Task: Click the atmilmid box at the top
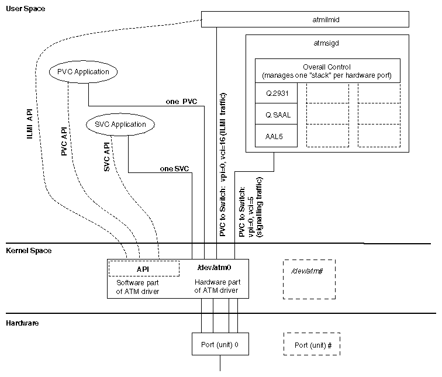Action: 319,19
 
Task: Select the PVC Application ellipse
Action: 83,71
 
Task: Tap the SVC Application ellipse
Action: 120,124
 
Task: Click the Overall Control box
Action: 327,71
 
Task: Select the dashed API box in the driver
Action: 144,269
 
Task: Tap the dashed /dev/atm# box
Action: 309,279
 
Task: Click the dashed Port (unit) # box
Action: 312,345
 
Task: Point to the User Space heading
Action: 25,9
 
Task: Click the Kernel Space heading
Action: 29,251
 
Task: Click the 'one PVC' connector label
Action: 182,102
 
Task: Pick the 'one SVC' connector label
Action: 174,169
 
